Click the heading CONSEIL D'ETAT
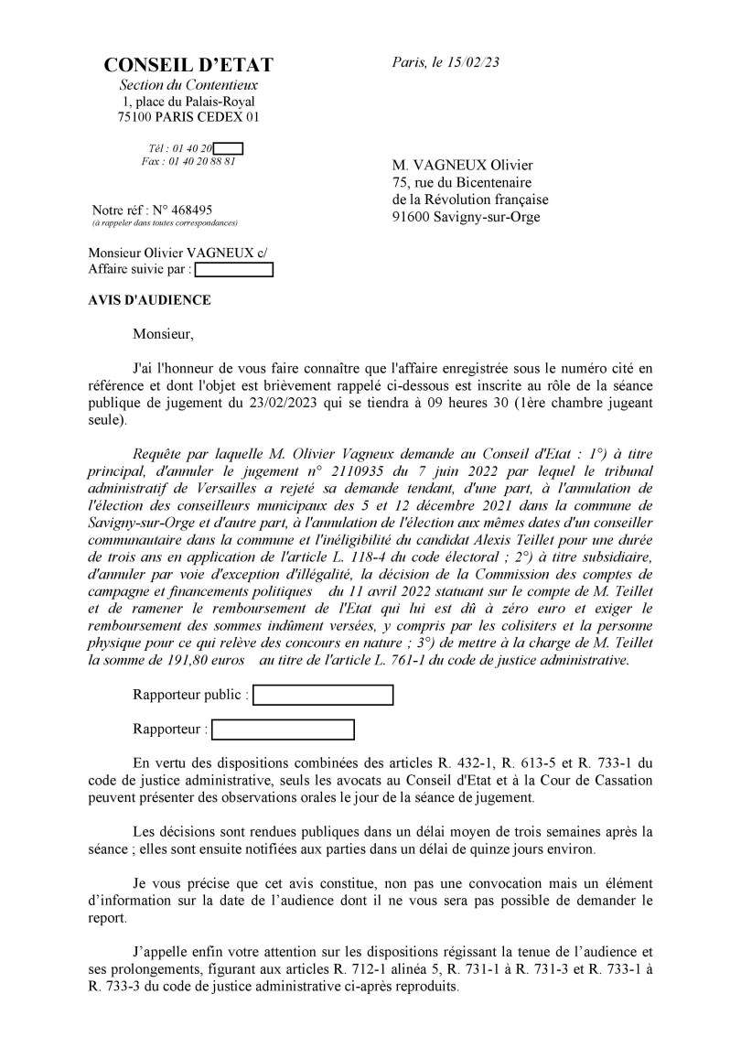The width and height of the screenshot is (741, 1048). coord(188,64)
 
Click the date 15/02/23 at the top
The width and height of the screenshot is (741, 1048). coord(475,62)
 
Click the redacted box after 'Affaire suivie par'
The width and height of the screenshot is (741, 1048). coord(234,270)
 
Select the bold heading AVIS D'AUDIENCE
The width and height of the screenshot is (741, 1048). coord(149,300)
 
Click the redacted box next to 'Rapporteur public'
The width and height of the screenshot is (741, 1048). coord(323,696)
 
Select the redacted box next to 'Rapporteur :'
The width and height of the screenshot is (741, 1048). coord(283,729)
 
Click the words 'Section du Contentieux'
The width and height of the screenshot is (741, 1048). coord(188,85)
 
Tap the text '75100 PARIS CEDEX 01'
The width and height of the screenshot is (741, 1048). coord(188,117)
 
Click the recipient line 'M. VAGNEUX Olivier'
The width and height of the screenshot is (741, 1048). coord(462,165)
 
